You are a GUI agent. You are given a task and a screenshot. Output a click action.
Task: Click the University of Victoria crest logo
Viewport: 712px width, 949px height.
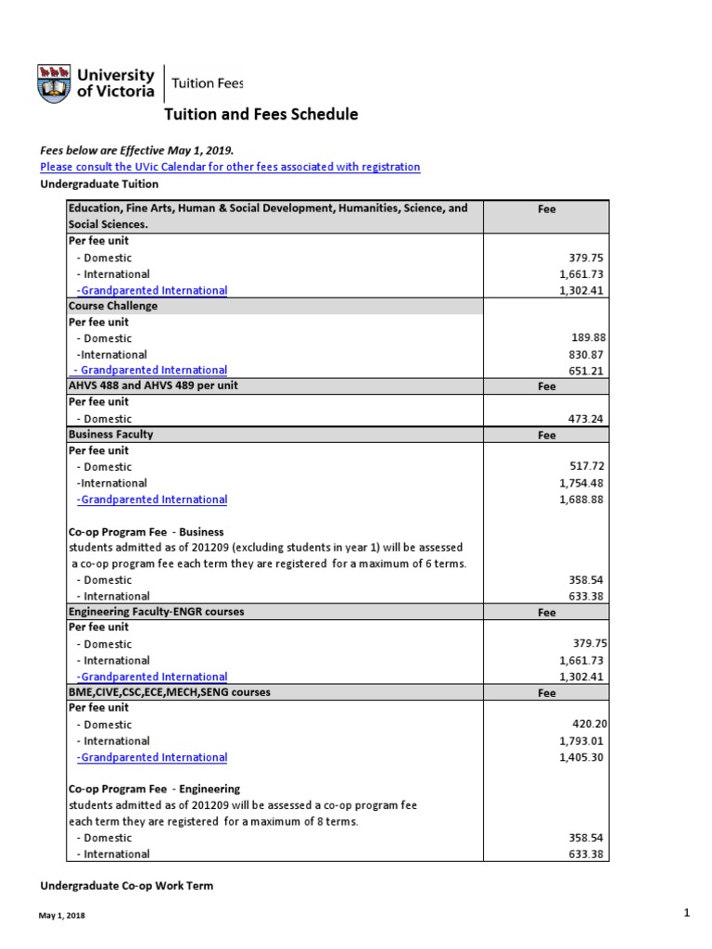point(54,83)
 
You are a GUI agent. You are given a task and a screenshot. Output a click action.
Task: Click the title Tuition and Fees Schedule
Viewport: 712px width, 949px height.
point(261,115)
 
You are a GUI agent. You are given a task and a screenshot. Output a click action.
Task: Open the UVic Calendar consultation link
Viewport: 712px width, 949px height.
point(230,167)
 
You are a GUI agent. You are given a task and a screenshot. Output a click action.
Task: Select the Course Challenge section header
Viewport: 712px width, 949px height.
point(113,306)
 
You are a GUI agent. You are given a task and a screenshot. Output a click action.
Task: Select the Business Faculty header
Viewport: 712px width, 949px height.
point(111,435)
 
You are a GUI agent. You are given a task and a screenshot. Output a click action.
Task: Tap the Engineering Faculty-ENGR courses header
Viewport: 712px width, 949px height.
point(157,612)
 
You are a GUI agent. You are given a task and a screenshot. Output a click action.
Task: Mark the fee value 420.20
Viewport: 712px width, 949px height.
point(589,725)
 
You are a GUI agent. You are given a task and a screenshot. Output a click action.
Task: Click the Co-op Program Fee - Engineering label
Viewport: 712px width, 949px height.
point(155,789)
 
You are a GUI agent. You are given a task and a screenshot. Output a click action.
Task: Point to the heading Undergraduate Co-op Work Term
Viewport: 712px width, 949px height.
point(126,886)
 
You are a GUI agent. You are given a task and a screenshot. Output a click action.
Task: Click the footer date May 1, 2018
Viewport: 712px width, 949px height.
point(61,917)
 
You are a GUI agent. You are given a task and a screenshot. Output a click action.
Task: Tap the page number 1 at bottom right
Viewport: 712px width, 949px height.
point(687,914)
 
